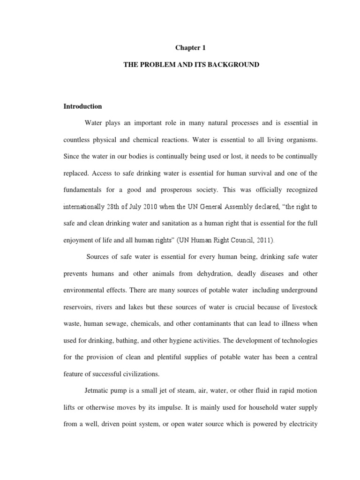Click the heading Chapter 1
pyautogui.click(x=191, y=48)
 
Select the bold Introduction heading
pyautogui.click(x=82, y=106)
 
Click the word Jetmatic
pyautogui.click(x=98, y=391)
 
